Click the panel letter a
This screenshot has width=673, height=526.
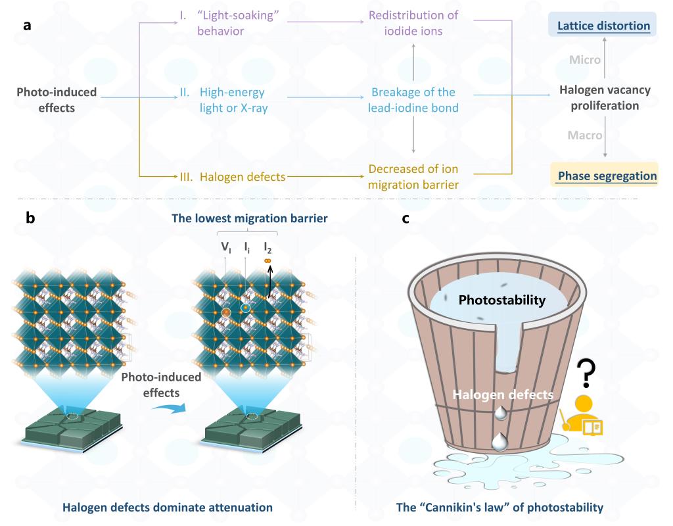[x=27, y=26]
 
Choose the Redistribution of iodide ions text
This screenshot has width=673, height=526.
[x=413, y=24]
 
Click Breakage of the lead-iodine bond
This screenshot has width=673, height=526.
[x=413, y=100]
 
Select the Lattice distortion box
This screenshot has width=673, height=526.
[x=604, y=26]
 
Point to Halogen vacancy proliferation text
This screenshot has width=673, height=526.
[x=604, y=98]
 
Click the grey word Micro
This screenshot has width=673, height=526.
[x=585, y=60]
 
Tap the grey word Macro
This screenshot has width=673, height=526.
[x=585, y=135]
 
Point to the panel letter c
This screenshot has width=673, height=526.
[x=406, y=218]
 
